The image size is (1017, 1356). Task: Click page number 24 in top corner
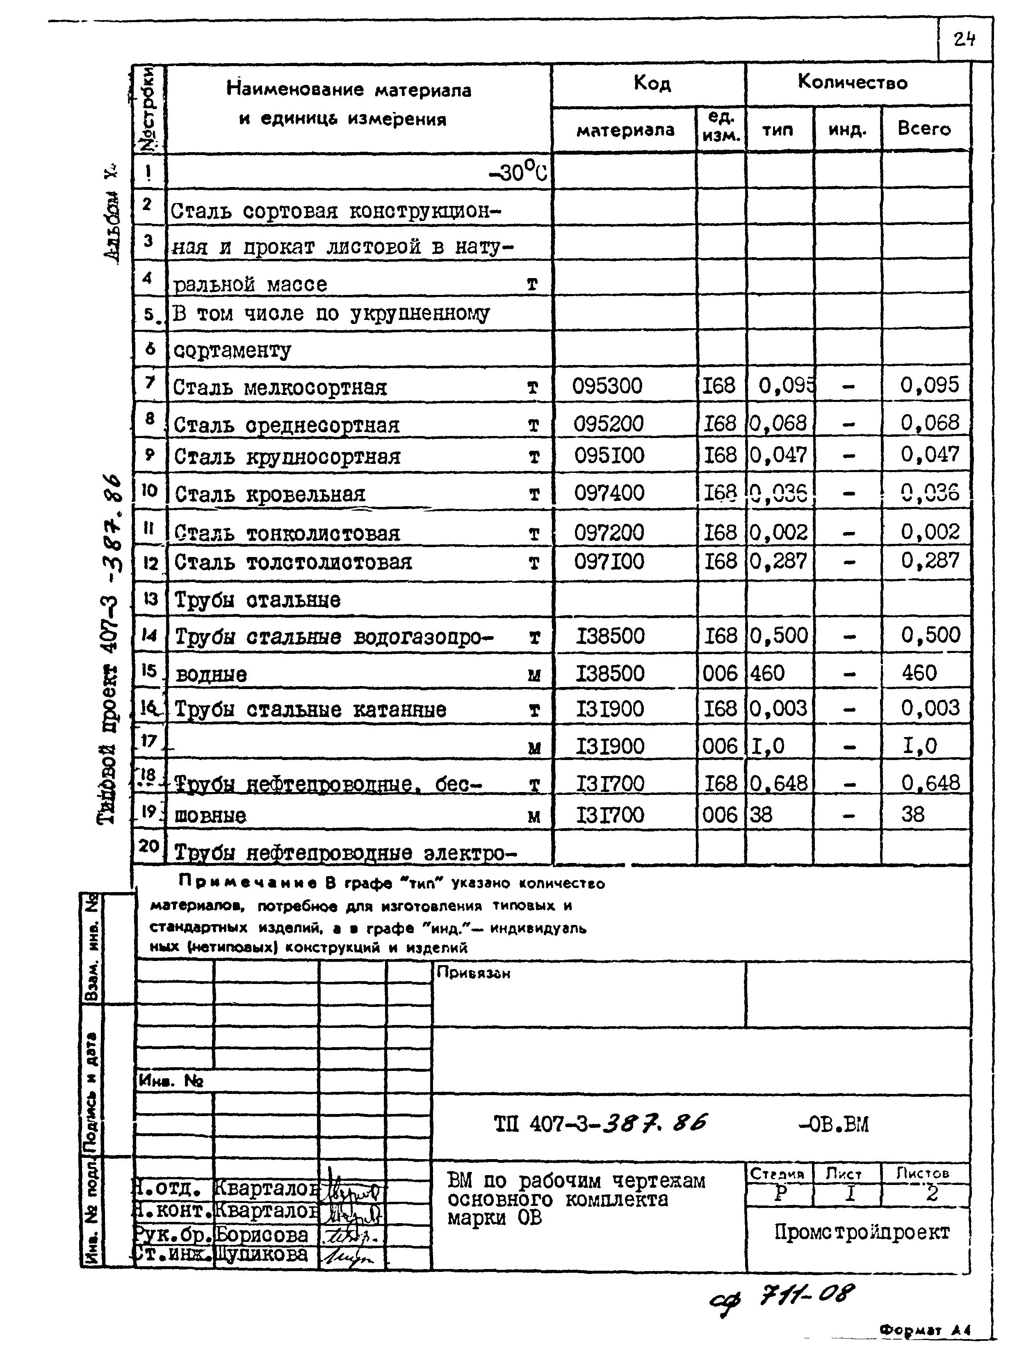click(964, 40)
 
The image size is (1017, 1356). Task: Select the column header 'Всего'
click(924, 129)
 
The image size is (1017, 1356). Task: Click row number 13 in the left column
click(150, 599)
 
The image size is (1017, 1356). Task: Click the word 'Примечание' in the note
click(248, 883)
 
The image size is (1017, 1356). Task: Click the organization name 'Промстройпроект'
click(861, 1232)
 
